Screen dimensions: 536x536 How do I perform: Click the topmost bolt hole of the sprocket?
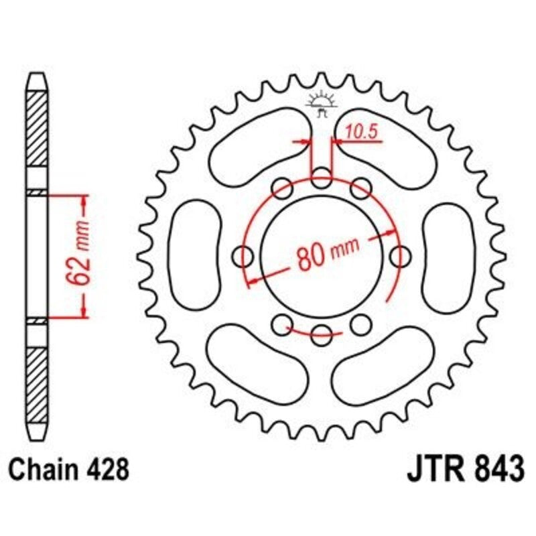pos(322,179)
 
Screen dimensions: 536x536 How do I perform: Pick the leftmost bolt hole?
pos(245,255)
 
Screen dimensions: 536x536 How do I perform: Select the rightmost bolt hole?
pos(401,255)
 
